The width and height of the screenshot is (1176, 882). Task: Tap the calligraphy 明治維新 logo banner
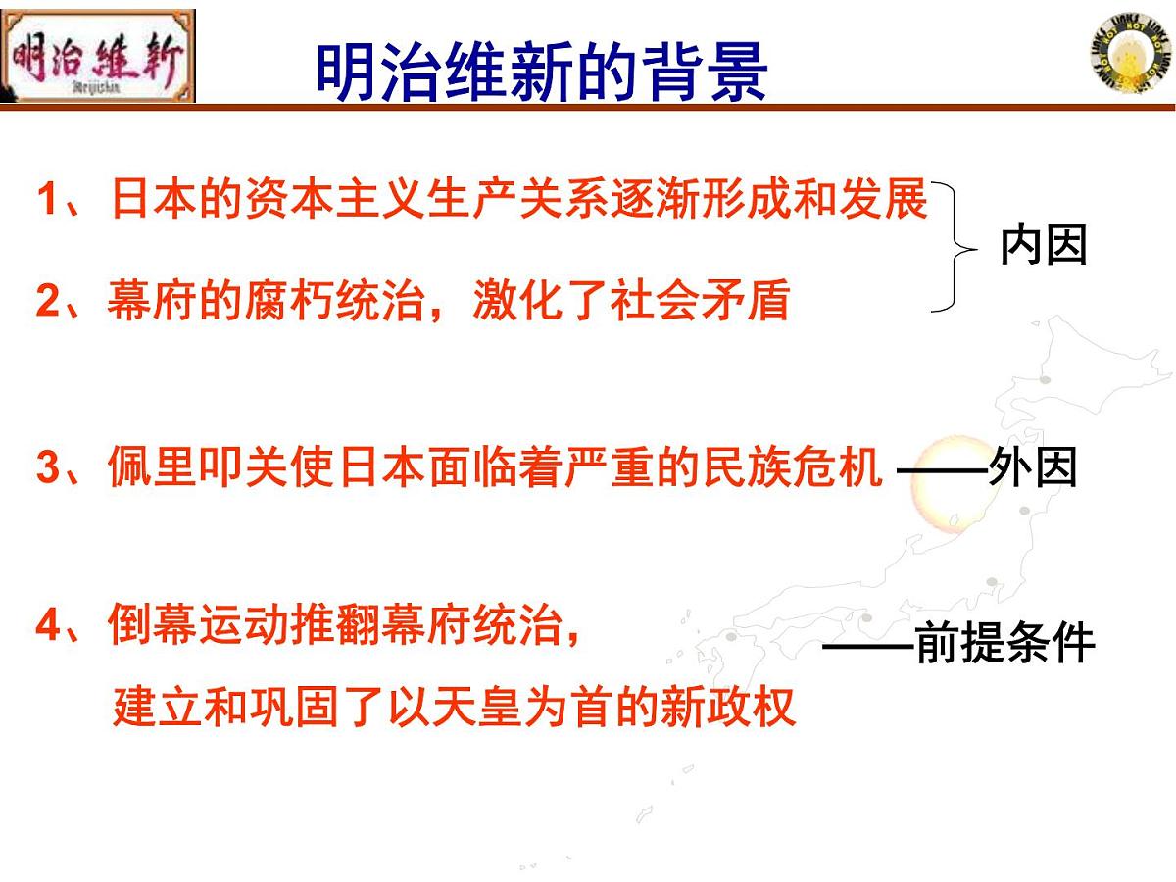tap(98, 56)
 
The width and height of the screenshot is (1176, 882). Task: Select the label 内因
tap(1044, 246)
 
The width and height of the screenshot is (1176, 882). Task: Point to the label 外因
tap(1033, 468)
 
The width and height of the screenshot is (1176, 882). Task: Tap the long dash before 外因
tap(942, 470)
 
